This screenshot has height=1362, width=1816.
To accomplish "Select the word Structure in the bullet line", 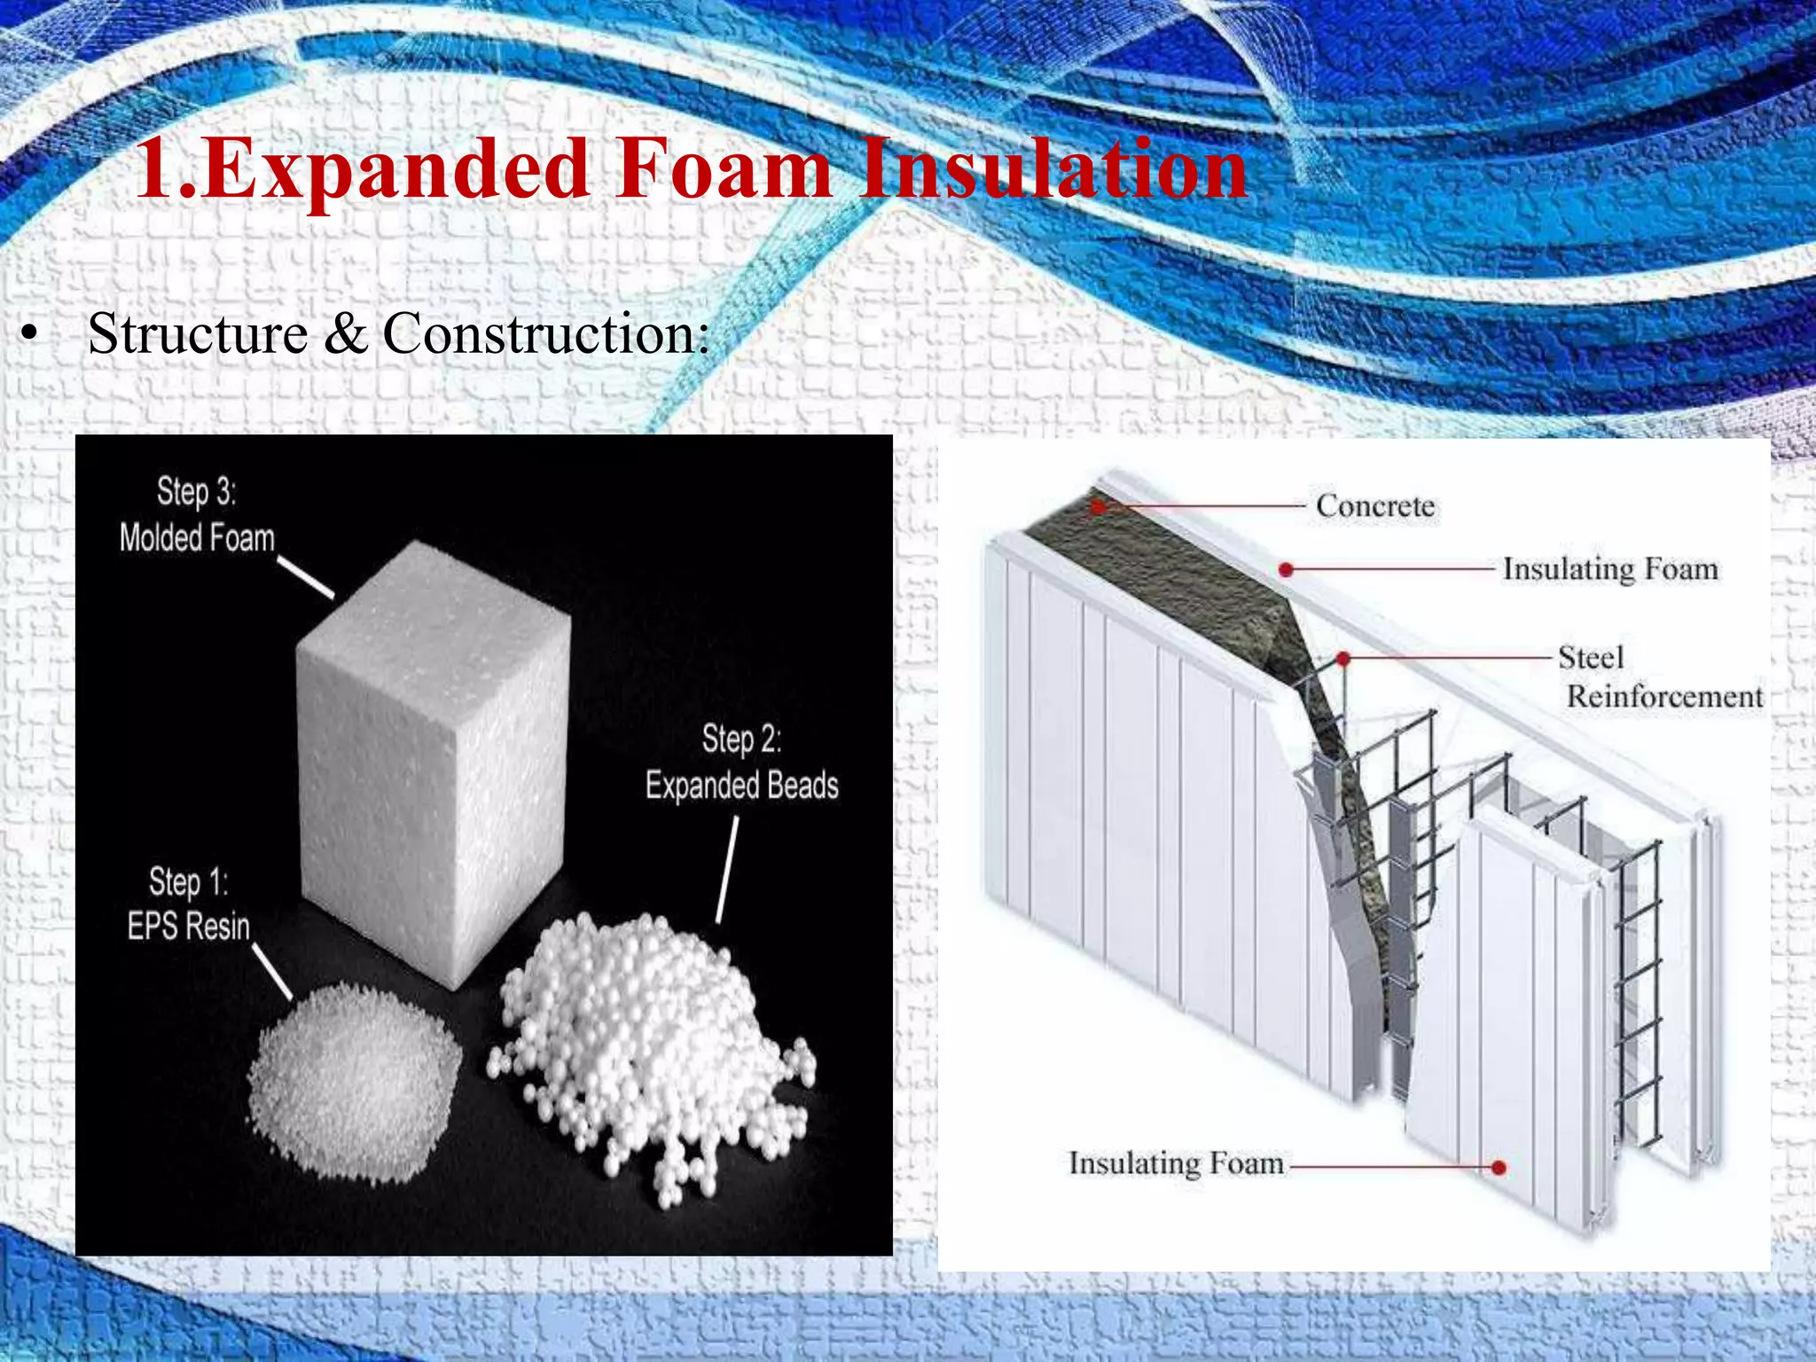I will point(198,334).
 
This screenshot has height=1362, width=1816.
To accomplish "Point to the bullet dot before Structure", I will point(31,336).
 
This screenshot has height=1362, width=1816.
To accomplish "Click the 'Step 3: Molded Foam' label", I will point(196,515).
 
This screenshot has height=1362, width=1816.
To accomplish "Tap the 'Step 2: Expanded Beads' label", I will point(741,763).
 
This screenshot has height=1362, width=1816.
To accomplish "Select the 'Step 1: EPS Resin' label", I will point(188,904).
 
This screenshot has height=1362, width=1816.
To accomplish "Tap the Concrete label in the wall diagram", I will point(1374,506).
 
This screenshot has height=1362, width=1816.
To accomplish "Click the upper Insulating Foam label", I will point(1610,568).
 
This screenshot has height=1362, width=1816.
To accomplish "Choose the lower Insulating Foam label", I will point(1176,1163).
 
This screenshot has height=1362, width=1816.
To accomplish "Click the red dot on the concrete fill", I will point(1099,507).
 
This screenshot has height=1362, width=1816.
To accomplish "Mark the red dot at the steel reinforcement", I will point(1343,659).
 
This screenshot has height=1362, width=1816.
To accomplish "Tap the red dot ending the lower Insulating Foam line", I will point(1499,1168).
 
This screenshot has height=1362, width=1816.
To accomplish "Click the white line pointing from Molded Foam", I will point(305,577).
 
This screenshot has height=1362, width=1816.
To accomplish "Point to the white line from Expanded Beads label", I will point(726,869).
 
